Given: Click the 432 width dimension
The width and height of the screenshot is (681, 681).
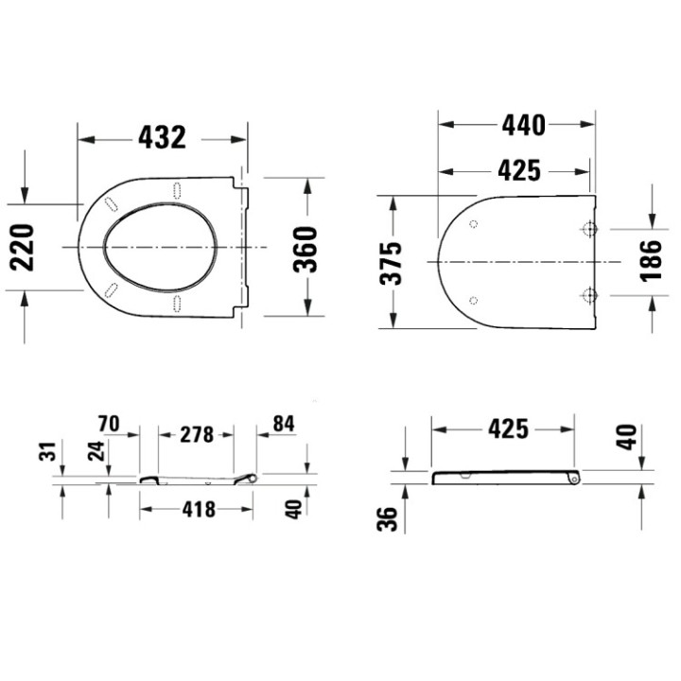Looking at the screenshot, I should pos(162,138).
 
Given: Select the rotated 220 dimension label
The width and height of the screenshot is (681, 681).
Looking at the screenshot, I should pos(23,246).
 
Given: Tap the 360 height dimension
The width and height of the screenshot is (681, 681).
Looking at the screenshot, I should pos(306,248).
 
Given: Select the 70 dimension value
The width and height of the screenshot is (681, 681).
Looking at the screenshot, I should pos(109,425).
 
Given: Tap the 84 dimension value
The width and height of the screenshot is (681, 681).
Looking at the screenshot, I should pos(283,425).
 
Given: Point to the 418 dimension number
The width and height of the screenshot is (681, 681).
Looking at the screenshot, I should pos(197,510).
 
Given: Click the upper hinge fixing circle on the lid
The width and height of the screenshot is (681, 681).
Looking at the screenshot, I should pos(588,229).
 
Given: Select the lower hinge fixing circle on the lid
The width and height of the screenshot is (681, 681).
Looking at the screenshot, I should pos(588,296).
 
